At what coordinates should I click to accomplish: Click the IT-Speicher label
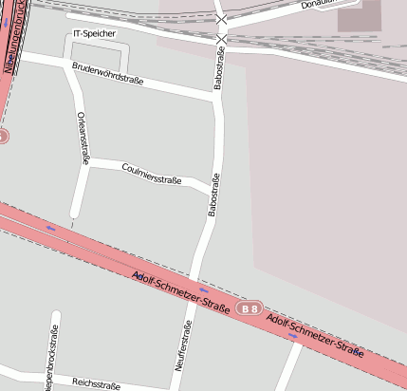(x=94, y=34)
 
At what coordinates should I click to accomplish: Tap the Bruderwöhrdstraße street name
(x=107, y=74)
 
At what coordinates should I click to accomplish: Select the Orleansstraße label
(x=83, y=139)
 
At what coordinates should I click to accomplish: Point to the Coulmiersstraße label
(x=152, y=173)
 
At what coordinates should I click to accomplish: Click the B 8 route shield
(x=250, y=309)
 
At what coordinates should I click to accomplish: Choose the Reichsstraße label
(x=96, y=384)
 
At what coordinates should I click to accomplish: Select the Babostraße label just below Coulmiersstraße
(x=214, y=195)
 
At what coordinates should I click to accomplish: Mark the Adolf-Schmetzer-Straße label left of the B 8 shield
(x=181, y=293)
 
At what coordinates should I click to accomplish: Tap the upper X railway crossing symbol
(x=222, y=19)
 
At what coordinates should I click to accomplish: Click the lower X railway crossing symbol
(x=222, y=38)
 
